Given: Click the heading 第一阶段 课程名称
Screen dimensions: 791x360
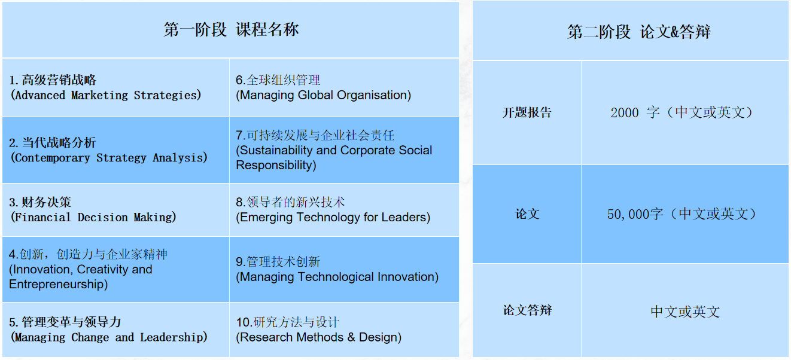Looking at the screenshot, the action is coord(231,30).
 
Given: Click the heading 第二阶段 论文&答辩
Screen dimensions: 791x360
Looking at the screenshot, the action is coord(639,32).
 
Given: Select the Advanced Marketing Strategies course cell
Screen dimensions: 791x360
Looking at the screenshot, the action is coord(116,87).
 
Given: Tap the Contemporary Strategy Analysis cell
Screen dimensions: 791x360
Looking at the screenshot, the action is coord(116,150).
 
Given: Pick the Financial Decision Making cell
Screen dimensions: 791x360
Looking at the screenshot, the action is coord(116,210).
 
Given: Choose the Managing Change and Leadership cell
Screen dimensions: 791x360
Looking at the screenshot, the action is coord(116,330).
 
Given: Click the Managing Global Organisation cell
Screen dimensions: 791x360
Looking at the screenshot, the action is coord(344,87).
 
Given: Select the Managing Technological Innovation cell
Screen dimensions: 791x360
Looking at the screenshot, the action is coord(344,269).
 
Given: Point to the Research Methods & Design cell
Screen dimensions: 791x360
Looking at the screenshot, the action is coord(344,330).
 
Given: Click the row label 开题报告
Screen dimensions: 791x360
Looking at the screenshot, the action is coord(527,112).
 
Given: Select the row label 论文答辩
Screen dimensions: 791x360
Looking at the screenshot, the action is coord(527,310).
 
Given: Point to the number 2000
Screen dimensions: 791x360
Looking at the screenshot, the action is coord(625,113).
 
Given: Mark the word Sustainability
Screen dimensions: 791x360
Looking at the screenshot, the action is coord(276,151).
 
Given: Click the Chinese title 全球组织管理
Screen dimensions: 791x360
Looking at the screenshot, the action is coord(283,80).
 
